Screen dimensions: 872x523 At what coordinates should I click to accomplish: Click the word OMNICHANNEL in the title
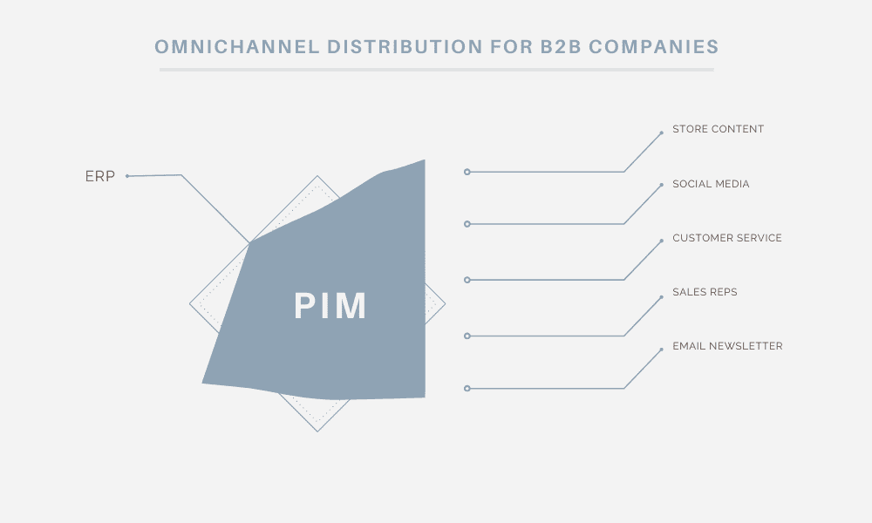tap(237, 47)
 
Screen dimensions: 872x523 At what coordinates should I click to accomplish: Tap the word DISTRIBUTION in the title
tap(405, 47)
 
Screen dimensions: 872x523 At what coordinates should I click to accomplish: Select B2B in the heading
tap(561, 47)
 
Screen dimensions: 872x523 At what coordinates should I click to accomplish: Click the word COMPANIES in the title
tap(654, 47)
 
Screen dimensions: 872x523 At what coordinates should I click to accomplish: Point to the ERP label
tap(100, 176)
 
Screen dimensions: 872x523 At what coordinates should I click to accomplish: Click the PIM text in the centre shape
tap(330, 306)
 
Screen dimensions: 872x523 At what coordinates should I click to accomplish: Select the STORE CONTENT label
tap(718, 129)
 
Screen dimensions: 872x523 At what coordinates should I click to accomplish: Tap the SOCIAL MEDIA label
tap(711, 184)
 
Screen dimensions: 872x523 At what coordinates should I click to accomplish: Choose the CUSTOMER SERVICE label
tap(727, 238)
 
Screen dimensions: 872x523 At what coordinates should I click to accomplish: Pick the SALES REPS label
tap(705, 292)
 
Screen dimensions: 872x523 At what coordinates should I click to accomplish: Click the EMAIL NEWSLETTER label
tap(727, 346)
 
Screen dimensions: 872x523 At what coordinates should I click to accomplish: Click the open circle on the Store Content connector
tap(467, 173)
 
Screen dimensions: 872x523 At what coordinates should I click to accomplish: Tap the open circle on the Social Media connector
tap(467, 224)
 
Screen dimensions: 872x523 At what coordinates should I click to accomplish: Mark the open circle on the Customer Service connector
tap(467, 280)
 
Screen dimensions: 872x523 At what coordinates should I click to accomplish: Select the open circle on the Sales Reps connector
tap(467, 336)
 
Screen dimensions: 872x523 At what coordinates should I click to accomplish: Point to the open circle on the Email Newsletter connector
tap(467, 389)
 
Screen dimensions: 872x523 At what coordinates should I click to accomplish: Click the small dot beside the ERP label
tap(127, 176)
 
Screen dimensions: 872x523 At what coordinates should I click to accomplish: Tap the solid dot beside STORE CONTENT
tap(661, 132)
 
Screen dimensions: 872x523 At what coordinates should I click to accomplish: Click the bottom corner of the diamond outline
tap(317, 431)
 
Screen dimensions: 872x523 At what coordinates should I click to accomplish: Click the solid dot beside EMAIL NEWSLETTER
tap(661, 350)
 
